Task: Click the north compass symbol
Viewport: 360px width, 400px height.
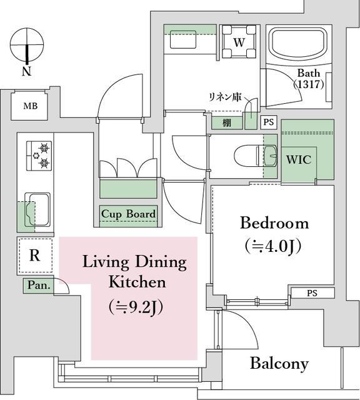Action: [26, 45]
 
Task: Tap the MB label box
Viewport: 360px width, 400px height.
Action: [31, 106]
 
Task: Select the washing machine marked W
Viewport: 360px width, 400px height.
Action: [239, 42]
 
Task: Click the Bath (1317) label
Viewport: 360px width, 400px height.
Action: [310, 78]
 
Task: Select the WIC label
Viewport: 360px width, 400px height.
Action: [298, 160]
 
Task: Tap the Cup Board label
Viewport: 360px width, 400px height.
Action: [128, 214]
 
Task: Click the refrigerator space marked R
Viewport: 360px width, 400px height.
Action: [35, 256]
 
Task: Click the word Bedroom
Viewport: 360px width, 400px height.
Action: [274, 223]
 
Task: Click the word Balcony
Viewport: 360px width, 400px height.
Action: [279, 363]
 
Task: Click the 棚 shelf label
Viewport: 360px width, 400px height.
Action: [226, 123]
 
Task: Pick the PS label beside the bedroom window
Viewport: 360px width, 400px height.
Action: [312, 292]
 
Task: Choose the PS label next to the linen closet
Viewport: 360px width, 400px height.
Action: [268, 122]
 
